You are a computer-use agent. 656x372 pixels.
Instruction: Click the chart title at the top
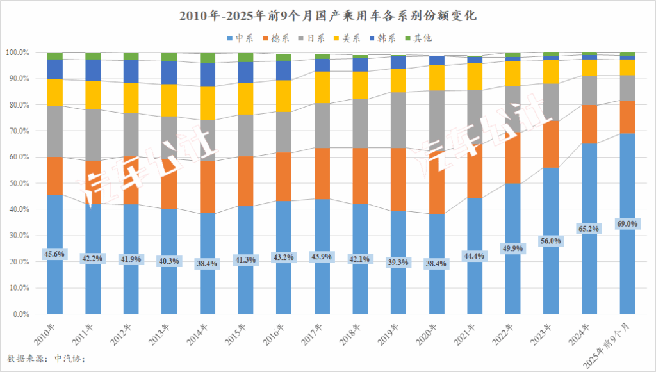pyautogui.click(x=328, y=14)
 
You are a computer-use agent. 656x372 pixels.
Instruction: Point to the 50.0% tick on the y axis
pyautogui.click(x=17, y=184)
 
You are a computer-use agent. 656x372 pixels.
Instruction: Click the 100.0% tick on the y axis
pyautogui.click(x=16, y=53)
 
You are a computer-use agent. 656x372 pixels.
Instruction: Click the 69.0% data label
pyautogui.click(x=627, y=224)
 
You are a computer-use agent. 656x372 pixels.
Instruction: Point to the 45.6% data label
pyautogui.click(x=54, y=254)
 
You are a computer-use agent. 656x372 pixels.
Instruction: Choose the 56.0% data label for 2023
pyautogui.click(x=550, y=241)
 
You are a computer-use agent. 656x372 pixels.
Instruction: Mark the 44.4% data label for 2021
pyautogui.click(x=475, y=256)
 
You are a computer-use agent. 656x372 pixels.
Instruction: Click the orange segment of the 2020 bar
pyautogui.click(x=437, y=166)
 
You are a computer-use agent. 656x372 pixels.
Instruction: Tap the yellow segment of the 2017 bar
pyautogui.click(x=323, y=86)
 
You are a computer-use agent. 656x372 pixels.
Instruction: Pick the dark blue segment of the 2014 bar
pyautogui.click(x=208, y=75)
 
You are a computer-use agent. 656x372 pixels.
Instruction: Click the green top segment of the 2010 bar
pyautogui.click(x=54, y=56)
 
